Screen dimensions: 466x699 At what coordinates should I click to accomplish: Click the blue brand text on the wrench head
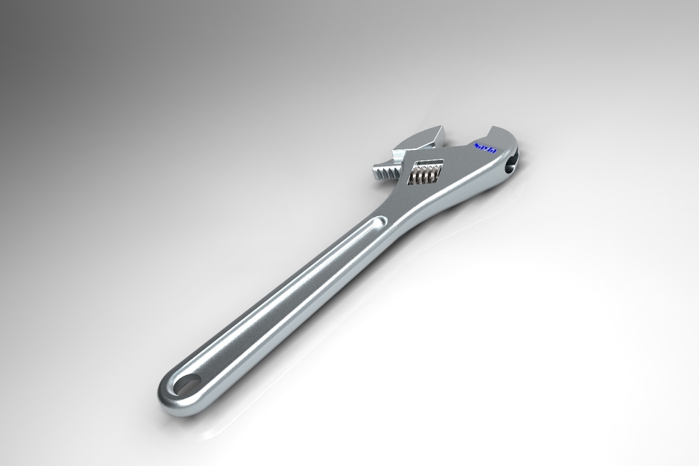point(484,148)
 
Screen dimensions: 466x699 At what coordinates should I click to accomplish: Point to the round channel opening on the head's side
point(511,165)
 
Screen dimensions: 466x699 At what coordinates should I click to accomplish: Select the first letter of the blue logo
point(476,146)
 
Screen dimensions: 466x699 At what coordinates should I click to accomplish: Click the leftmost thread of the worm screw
point(414,175)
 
